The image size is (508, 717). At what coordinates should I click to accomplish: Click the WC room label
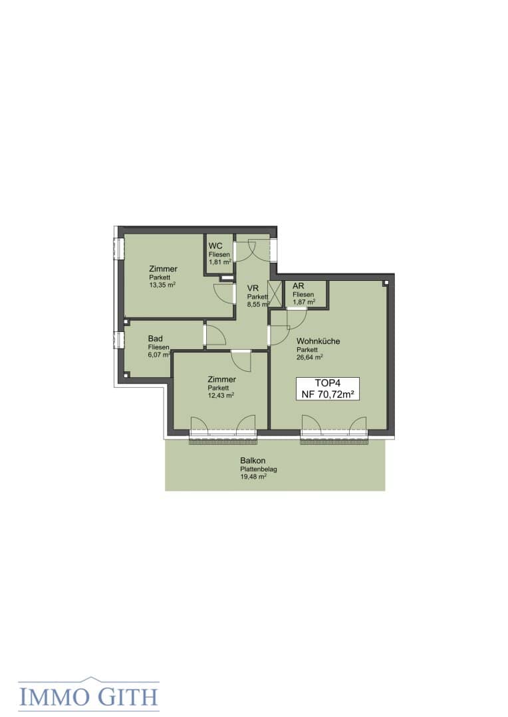pos(215,246)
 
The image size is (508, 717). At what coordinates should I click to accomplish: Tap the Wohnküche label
pos(318,341)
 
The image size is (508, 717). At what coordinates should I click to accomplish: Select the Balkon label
pos(253,461)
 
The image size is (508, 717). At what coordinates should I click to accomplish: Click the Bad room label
pos(156,339)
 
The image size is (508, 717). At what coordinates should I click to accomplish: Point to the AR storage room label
pos(298,285)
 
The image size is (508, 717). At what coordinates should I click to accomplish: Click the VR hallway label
pos(253,288)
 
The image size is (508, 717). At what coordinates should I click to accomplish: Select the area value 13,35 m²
pos(162,284)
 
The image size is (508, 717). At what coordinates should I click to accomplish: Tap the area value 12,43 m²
pos(221,395)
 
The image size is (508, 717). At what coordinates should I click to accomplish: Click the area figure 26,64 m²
pos(310,357)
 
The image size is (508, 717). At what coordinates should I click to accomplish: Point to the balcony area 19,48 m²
pos(253,477)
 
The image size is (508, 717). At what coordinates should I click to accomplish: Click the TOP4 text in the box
pos(328,383)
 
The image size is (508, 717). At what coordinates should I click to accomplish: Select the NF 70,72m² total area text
pos(328,394)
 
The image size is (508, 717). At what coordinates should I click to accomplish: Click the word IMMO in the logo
pos(55,697)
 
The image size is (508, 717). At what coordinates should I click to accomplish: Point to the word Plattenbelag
pos(259,469)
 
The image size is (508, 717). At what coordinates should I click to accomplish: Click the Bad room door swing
pos(215,335)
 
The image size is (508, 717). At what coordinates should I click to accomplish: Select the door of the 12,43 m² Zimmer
pos(241,360)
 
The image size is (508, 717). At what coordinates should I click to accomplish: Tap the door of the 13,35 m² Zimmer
pos(223,293)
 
